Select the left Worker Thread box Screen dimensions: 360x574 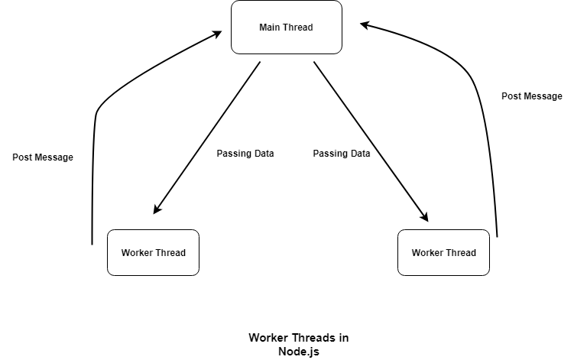click(x=153, y=252)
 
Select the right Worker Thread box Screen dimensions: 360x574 click(x=443, y=252)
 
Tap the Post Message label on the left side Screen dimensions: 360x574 click(x=43, y=157)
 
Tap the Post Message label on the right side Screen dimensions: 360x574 click(x=532, y=96)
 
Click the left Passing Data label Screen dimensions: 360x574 click(x=245, y=154)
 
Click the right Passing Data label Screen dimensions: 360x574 click(x=342, y=154)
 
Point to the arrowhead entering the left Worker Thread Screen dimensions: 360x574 click(x=156, y=210)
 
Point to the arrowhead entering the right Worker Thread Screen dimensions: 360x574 click(x=425, y=218)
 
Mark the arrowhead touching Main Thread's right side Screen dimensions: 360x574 click(x=365, y=24)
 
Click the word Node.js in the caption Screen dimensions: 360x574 click(x=299, y=351)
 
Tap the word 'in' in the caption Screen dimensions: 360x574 click(x=343, y=338)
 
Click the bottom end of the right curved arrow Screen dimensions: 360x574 click(x=498, y=236)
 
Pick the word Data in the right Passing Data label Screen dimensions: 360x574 click(x=359, y=154)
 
